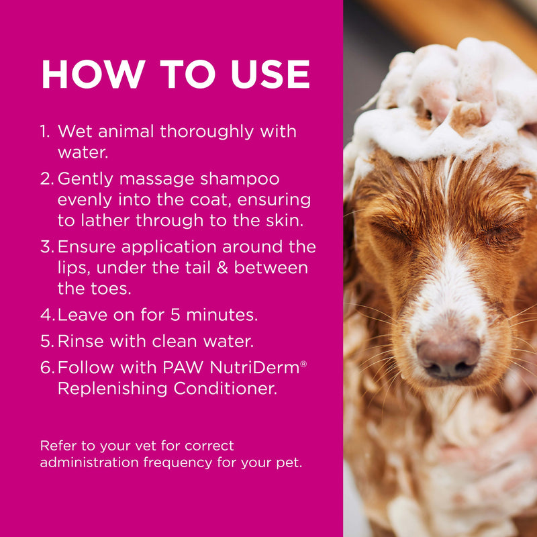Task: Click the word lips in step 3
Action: click(73, 268)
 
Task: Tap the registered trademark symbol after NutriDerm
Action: click(303, 363)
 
